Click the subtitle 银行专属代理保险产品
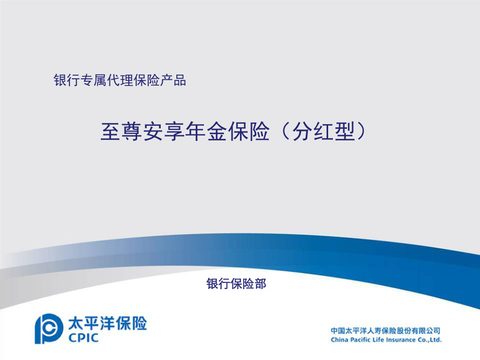(x=119, y=80)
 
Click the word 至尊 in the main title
(x=121, y=132)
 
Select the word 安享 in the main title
(x=164, y=132)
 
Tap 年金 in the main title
(x=206, y=132)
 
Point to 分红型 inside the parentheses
(x=323, y=132)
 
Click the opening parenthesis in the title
(x=285, y=132)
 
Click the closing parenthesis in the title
(x=362, y=132)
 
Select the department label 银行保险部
(x=236, y=284)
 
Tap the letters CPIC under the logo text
(x=83, y=338)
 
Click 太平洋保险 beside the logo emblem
(x=107, y=323)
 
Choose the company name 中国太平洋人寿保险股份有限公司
(x=386, y=331)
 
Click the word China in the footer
(x=339, y=340)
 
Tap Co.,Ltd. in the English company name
(x=429, y=340)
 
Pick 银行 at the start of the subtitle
(x=67, y=80)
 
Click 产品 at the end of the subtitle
(x=173, y=80)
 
